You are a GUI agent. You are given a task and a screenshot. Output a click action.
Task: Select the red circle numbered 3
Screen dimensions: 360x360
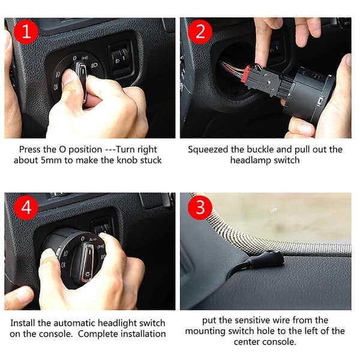(x=200, y=208)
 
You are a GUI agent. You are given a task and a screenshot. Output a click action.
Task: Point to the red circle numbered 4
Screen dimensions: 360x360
(x=26, y=208)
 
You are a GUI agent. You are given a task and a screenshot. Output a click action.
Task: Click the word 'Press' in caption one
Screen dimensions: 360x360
(x=30, y=149)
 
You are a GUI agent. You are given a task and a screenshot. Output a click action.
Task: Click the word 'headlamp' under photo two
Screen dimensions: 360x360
(x=250, y=160)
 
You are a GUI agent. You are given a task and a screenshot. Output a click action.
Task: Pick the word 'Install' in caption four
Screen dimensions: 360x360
(x=23, y=323)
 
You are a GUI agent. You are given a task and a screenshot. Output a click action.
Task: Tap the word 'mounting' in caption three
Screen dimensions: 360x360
(x=205, y=331)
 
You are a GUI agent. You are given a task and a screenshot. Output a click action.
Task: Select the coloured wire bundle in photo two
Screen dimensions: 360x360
(x=232, y=70)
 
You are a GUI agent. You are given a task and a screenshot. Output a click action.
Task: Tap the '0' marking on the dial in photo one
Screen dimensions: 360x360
(x=74, y=58)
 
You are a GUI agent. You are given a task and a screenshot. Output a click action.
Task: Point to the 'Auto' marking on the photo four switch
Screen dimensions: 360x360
(x=93, y=239)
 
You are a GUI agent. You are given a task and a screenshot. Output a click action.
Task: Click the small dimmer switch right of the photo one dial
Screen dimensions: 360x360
(x=121, y=58)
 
